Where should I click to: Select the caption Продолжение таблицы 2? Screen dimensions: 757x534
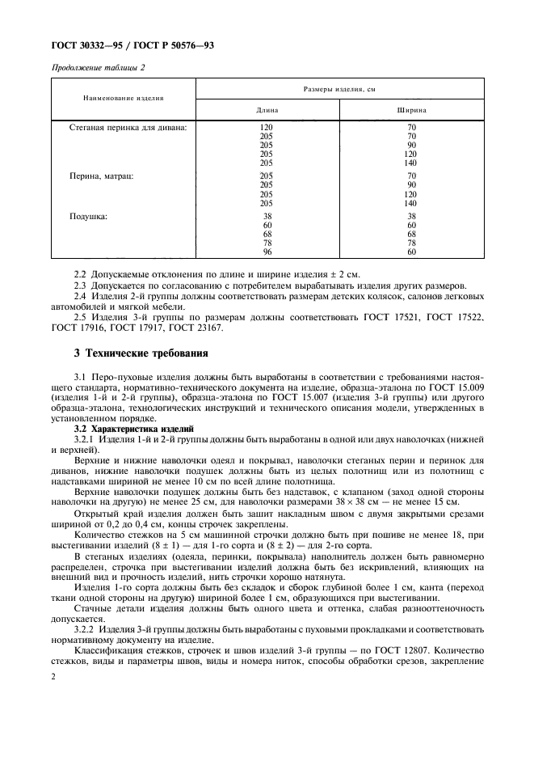(x=98, y=68)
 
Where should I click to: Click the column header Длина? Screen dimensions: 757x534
(x=267, y=108)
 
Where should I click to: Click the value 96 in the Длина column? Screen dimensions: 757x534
(x=267, y=252)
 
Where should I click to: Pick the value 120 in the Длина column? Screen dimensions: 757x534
(x=267, y=128)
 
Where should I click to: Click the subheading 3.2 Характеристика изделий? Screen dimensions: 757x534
(x=133, y=427)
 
